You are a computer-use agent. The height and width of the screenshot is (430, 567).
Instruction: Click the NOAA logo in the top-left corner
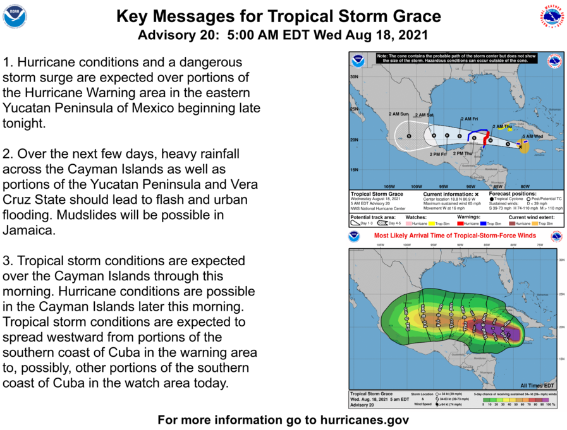point(15,16)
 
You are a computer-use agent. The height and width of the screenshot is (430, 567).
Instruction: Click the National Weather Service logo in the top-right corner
point(551,16)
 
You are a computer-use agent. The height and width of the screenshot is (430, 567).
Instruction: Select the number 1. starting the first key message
point(8,63)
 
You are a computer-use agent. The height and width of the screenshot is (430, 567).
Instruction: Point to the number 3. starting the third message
point(8,261)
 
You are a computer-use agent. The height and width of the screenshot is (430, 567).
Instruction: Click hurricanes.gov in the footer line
point(358,420)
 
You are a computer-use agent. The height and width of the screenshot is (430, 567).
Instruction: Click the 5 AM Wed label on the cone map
point(532,136)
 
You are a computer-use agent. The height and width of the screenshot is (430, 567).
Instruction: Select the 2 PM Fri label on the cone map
point(438,154)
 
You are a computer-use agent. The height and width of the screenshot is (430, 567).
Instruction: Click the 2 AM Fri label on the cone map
point(469,119)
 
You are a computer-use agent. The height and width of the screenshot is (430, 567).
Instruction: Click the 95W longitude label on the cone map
point(444,186)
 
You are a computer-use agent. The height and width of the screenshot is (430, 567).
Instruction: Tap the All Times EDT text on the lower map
point(537,385)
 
